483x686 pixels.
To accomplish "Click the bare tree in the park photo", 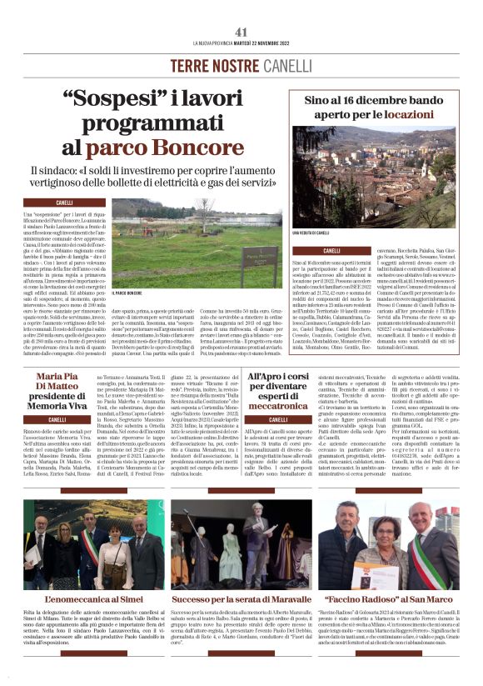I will [x=205, y=212].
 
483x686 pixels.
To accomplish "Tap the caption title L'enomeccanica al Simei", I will [x=81, y=598].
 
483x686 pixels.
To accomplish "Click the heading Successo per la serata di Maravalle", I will [x=241, y=598].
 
